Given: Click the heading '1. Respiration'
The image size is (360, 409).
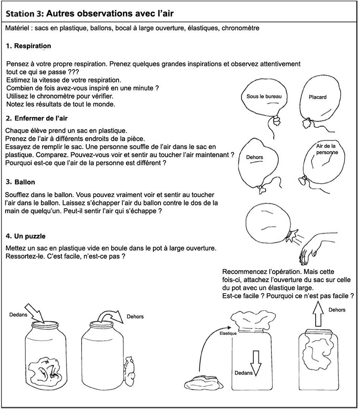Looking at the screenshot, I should tap(29, 46).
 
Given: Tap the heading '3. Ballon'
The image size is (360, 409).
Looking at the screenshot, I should tap(21, 182).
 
